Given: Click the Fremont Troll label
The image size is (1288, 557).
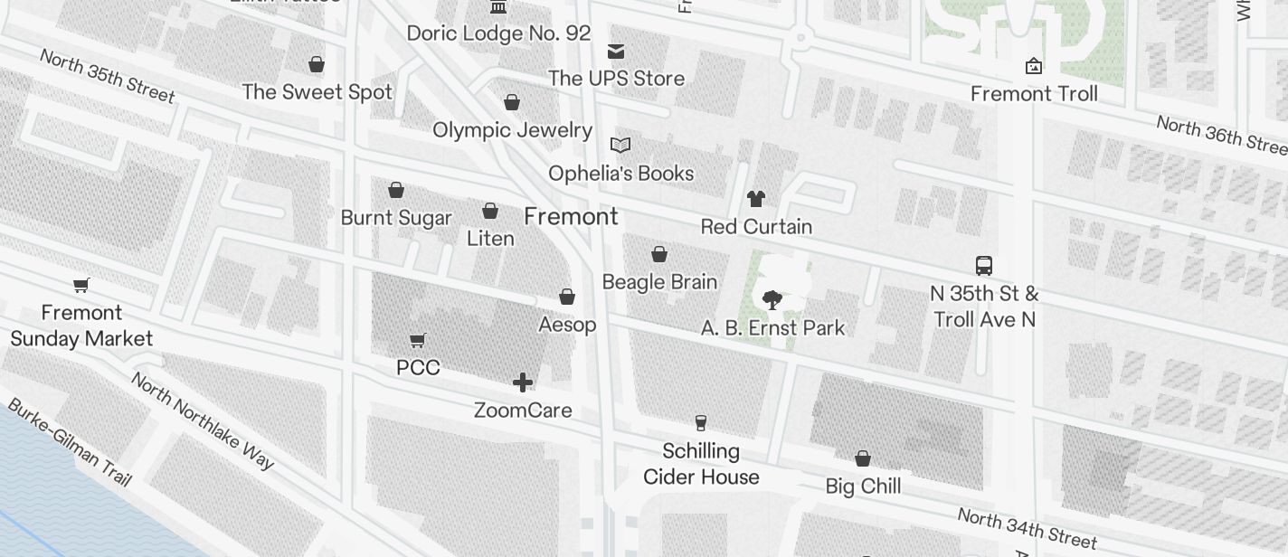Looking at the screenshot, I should click(1034, 94).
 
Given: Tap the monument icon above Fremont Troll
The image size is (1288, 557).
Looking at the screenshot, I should click(1033, 66).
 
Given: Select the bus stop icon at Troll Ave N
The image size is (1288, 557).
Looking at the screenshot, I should click(984, 266).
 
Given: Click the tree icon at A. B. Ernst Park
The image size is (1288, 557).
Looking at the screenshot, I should click(772, 300).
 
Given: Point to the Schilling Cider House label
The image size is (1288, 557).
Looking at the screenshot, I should click(701, 464).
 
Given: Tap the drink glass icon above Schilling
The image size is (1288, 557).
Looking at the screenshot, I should click(700, 422).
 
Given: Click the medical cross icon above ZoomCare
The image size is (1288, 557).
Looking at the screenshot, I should click(523, 382).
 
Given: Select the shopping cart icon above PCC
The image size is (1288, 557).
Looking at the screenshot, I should click(417, 341).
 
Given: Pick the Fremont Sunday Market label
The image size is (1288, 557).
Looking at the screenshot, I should click(81, 326).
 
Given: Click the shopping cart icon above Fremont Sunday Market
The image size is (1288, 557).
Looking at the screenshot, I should click(81, 286).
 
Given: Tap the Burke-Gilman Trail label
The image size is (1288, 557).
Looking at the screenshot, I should click(69, 443).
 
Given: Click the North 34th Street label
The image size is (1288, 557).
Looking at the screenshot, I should click(1027, 529).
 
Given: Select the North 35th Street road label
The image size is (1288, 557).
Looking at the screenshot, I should click(108, 75).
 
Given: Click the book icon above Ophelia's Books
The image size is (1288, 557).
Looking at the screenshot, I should click(620, 145).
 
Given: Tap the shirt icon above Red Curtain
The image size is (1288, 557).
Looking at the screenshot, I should click(756, 199).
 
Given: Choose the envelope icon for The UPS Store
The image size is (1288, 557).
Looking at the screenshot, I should click(616, 51).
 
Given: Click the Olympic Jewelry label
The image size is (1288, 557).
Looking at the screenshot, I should click(512, 130).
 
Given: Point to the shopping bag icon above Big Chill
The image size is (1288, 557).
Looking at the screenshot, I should click(863, 459).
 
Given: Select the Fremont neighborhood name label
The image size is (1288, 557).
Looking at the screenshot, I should click(571, 217).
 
